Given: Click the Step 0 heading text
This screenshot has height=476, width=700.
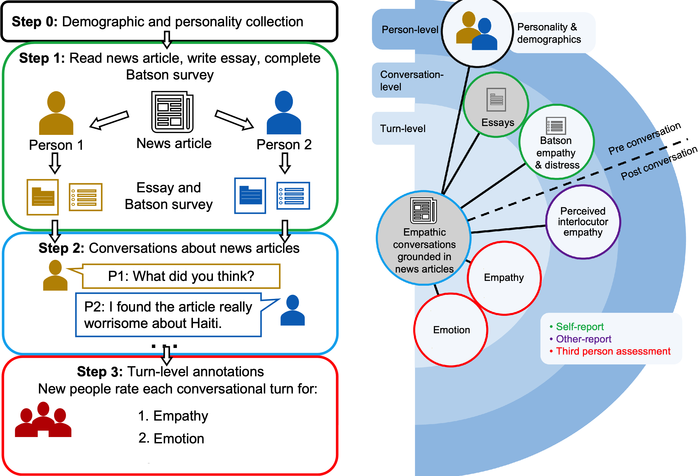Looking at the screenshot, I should point(157,22).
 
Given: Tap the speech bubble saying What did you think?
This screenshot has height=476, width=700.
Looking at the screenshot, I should point(181,276).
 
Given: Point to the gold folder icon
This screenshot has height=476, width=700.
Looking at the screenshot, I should point(43,197).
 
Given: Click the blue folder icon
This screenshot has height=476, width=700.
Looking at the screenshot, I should point(250,196).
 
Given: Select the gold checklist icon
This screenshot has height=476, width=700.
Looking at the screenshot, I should point(86,197).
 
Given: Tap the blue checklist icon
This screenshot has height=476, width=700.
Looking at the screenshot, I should point(293,196).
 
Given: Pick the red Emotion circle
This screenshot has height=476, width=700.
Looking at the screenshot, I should point(451,330).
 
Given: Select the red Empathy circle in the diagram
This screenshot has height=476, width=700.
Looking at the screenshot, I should point(504,278).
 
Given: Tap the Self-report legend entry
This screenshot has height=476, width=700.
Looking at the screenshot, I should point(580,327).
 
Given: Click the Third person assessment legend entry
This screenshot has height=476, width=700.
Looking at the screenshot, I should point(613,351).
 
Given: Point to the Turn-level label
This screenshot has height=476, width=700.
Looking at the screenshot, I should point(402,129).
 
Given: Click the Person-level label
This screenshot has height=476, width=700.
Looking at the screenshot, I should point(410,30).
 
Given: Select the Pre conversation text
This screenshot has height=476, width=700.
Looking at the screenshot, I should point(644,138).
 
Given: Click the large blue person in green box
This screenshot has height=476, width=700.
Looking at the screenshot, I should point(284,113).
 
